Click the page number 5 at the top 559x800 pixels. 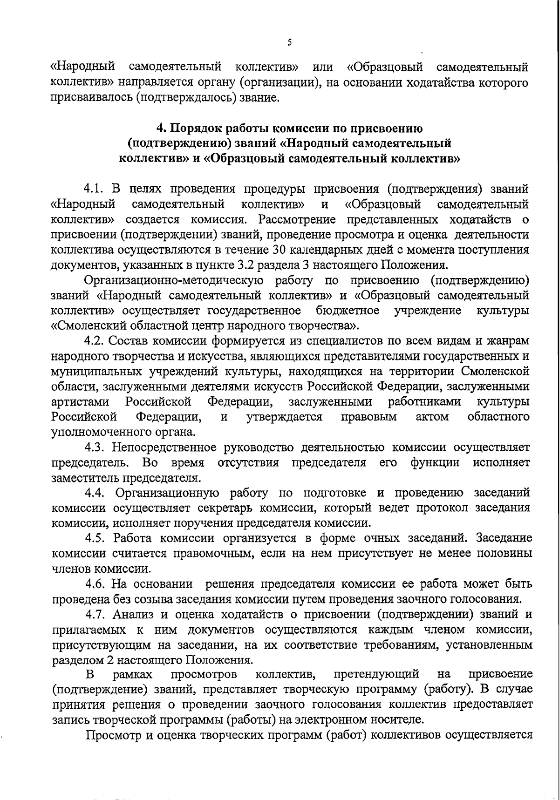coord(289,42)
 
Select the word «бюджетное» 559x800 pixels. coord(347,310)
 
